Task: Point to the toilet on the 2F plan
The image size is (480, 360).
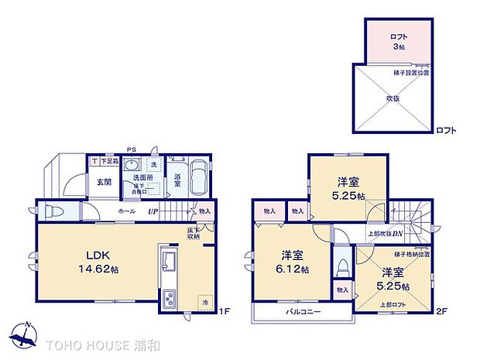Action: point(341,266)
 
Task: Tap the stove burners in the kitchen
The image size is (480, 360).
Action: point(170,298)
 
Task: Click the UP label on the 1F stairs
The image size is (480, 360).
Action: point(154,211)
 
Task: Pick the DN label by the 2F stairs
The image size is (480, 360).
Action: point(397,234)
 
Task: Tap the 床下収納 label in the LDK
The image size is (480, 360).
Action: point(190,234)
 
